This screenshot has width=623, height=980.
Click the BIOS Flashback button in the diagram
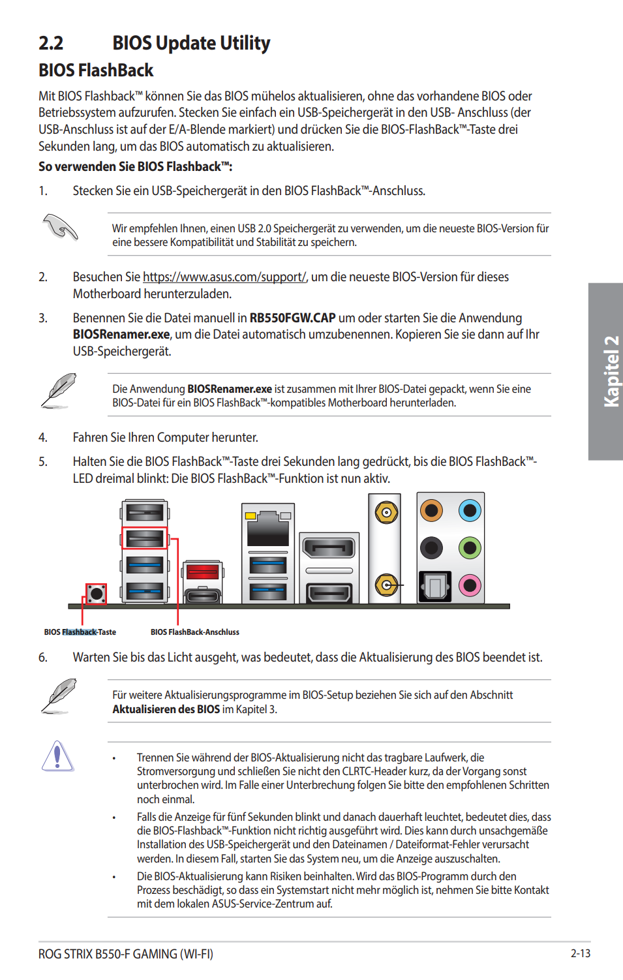[97, 593]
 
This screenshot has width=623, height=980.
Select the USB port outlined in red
[145, 538]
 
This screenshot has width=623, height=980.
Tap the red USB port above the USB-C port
[203, 572]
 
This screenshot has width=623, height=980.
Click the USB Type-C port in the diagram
[203, 595]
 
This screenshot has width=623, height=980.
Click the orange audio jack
[431, 510]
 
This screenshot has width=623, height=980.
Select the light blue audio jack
[470, 510]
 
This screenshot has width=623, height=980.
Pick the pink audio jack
[470, 585]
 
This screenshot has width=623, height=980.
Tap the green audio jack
[470, 547]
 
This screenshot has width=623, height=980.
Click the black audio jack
[431, 547]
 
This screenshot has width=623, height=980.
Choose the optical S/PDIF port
[434, 585]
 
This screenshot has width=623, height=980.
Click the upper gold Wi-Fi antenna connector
[386, 513]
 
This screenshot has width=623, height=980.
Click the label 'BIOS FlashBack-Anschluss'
[194, 632]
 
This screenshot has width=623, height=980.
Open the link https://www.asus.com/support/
[224, 277]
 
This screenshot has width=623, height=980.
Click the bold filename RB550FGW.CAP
[292, 318]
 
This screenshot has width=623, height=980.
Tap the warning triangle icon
[57, 757]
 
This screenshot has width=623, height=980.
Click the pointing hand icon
[60, 227]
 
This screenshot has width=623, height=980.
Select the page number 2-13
[580, 953]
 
